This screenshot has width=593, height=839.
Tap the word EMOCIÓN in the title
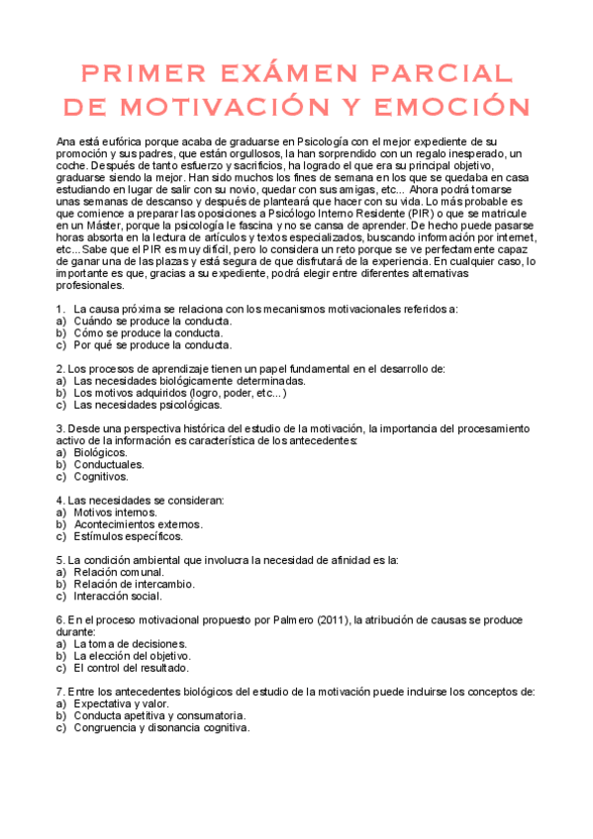coord(445,106)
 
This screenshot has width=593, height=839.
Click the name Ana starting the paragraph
coord(67,142)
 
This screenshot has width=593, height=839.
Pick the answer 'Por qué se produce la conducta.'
coord(152,345)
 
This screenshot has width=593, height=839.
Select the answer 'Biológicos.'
coord(100,452)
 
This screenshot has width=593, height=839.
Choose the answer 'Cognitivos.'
coord(102,476)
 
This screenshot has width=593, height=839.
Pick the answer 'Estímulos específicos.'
coord(128,536)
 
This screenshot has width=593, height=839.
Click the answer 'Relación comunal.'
coord(118,572)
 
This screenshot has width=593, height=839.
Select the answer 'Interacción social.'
coord(118,596)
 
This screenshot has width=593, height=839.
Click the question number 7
coord(60,692)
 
